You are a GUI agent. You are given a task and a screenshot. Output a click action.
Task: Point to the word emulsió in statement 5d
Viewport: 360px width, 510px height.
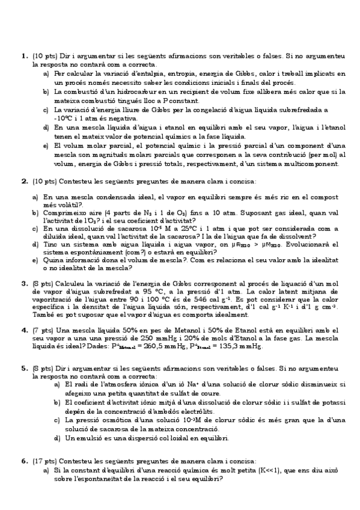(90, 438)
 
